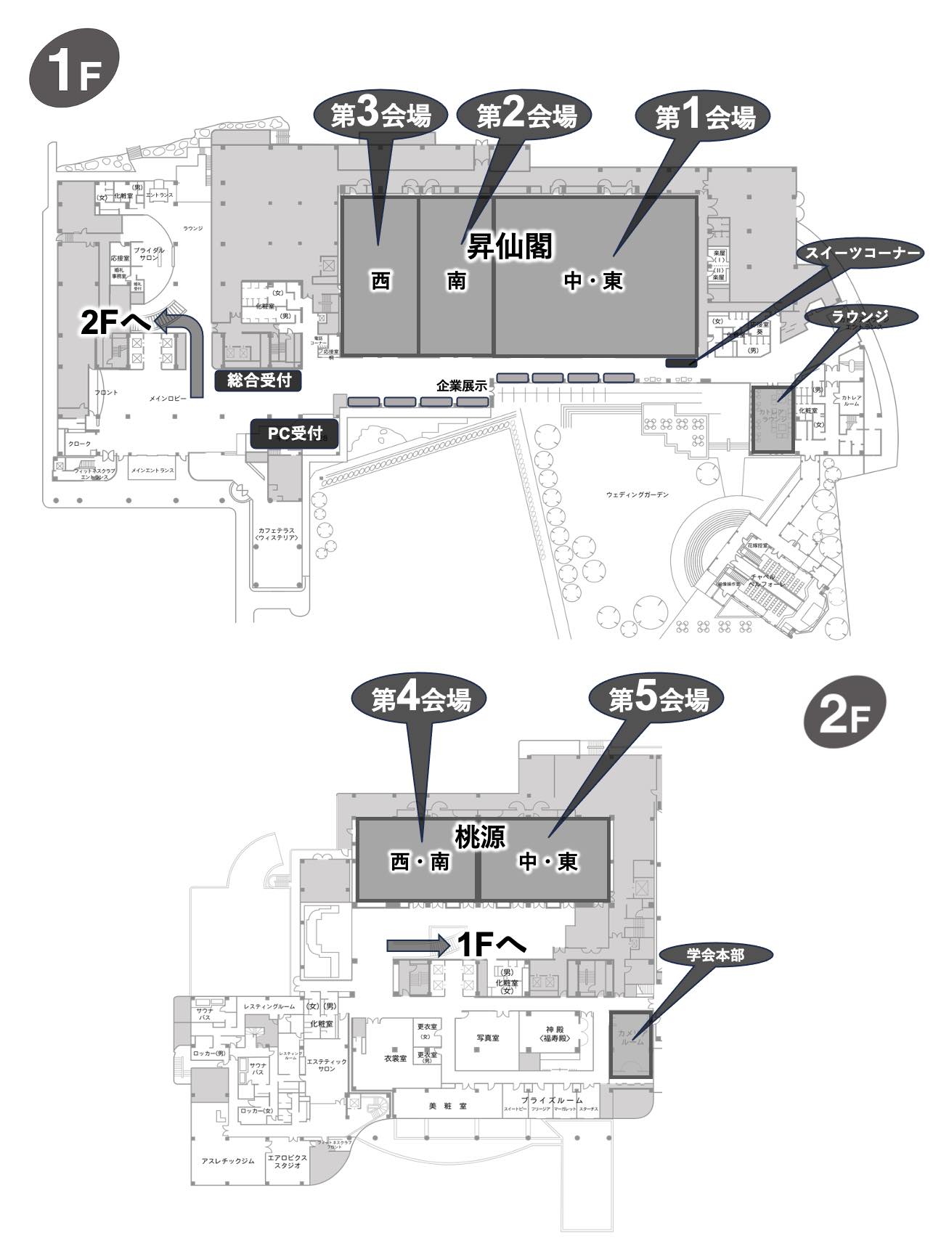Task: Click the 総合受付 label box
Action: (258, 380)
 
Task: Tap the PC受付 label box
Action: (294, 433)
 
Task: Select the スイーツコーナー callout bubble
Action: (860, 253)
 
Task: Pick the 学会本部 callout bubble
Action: (715, 955)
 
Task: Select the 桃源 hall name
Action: (480, 837)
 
